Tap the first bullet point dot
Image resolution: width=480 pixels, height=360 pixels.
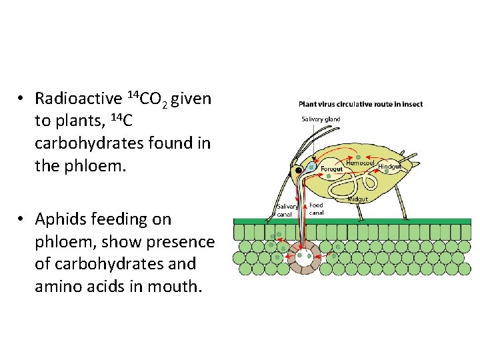[21, 99]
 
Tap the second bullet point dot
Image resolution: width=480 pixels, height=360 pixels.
[21, 219]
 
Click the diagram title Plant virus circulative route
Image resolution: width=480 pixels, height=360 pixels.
[360, 104]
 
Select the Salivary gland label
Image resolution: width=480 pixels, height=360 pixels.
[321, 119]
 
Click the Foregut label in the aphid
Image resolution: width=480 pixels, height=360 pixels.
[331, 169]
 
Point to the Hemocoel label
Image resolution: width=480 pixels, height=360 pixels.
[359, 163]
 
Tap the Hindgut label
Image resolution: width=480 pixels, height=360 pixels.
[389, 166]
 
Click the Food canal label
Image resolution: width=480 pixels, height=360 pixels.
[317, 208]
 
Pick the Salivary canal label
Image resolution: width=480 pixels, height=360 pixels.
[287, 211]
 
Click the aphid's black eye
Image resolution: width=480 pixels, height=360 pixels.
[299, 170]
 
